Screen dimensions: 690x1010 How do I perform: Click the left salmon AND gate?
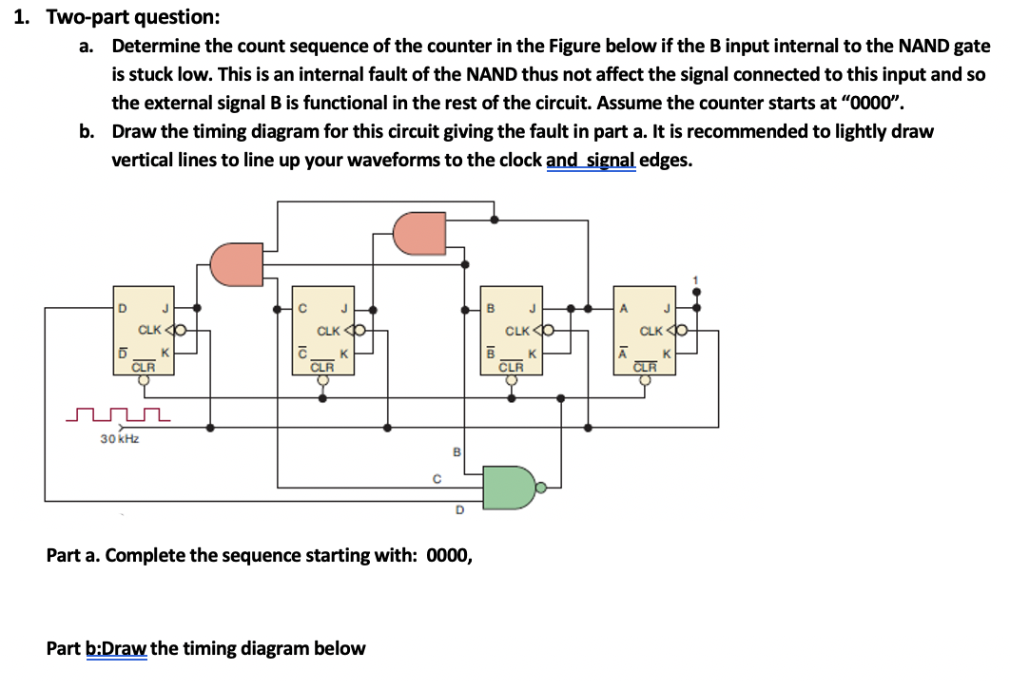(x=235, y=264)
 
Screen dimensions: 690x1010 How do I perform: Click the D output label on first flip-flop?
(x=122, y=309)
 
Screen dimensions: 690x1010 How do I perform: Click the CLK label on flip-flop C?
(x=329, y=331)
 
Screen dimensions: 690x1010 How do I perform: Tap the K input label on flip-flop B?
(x=532, y=353)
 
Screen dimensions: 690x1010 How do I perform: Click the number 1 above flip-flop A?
(x=698, y=278)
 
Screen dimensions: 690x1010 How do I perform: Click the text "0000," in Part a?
(x=450, y=555)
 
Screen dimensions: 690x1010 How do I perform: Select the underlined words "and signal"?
(x=591, y=160)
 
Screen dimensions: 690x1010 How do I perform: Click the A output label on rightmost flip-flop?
(x=625, y=309)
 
